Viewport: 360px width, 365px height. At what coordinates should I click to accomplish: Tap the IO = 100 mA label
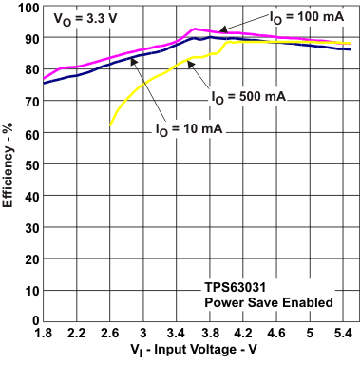tap(292, 18)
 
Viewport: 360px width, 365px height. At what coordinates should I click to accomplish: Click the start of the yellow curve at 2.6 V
tap(111, 126)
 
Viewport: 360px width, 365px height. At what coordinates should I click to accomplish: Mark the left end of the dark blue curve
tap(43, 84)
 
